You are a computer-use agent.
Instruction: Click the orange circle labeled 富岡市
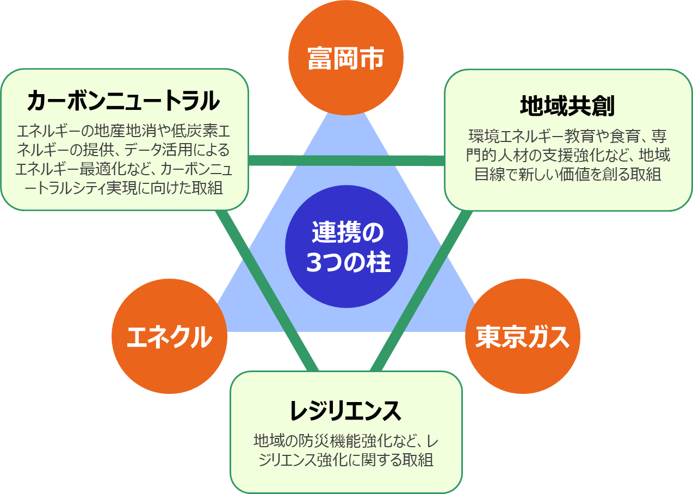[x=346, y=58]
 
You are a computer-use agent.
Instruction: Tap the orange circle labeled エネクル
[x=169, y=336]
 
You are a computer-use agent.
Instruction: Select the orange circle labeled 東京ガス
[x=522, y=336]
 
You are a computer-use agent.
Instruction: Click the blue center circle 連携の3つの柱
[x=346, y=246]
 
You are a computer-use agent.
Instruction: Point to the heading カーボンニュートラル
[x=123, y=101]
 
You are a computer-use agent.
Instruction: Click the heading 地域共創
[x=567, y=106]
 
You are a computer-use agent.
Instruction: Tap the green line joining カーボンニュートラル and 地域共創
[x=346, y=160]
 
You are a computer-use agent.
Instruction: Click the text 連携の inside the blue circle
[x=347, y=233]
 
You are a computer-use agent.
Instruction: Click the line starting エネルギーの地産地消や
[x=124, y=131]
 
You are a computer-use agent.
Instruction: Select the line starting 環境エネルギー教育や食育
[x=567, y=135]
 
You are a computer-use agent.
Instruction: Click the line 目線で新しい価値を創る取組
[x=567, y=174]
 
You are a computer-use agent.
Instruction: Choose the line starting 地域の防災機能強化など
[x=346, y=440]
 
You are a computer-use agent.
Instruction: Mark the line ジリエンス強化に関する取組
[x=346, y=459]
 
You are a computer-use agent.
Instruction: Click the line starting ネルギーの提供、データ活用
[x=124, y=150]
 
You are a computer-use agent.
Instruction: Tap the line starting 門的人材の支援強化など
[x=567, y=155]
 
